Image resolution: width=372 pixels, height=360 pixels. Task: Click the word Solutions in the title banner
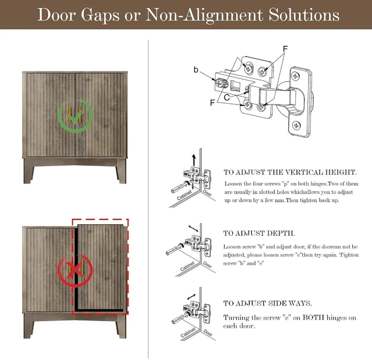click(304, 15)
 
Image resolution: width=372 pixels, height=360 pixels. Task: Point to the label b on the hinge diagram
click(196, 70)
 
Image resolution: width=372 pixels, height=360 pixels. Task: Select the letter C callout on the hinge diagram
click(227, 98)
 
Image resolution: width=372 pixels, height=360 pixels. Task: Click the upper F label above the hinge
click(285, 49)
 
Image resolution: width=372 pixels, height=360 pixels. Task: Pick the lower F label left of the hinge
click(212, 103)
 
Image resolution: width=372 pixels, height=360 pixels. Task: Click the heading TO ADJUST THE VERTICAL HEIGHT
click(290, 172)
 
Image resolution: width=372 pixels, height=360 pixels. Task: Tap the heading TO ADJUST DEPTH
click(259, 233)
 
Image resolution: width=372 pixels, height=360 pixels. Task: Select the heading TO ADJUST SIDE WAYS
click(267, 303)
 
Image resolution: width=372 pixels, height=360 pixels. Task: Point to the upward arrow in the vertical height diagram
click(194, 160)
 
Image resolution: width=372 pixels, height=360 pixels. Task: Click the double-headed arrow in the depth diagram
click(194, 228)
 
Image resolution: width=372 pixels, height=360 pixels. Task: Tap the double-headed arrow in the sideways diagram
click(191, 297)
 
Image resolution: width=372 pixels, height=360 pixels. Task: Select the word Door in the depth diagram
click(207, 264)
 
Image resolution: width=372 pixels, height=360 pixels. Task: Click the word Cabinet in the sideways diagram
click(188, 332)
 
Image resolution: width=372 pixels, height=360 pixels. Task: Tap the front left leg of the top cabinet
click(28, 171)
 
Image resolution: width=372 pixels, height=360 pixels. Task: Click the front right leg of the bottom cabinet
click(121, 326)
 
